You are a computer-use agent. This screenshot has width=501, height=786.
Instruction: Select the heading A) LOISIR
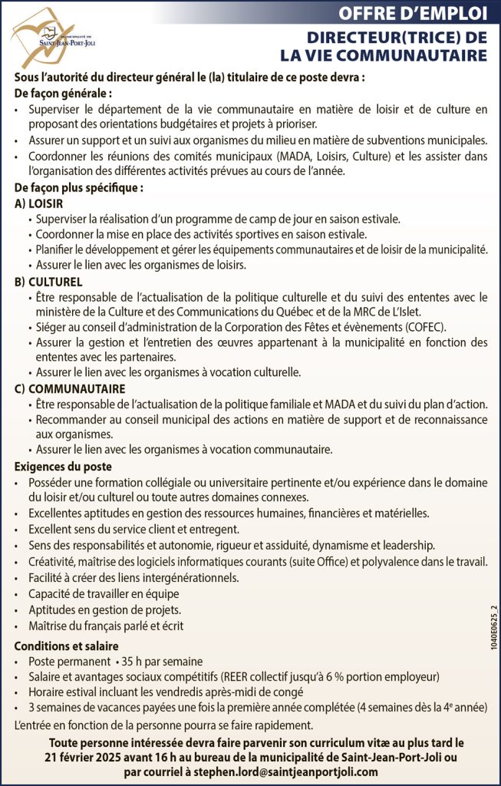coord(39,203)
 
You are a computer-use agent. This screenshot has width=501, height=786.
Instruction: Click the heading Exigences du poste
coord(64,466)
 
